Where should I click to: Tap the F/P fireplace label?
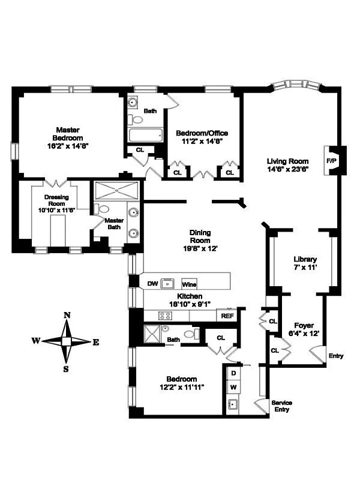(331, 161)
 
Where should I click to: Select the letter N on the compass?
(67, 316)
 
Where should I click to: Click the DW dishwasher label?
(152, 284)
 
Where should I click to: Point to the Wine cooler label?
(189, 284)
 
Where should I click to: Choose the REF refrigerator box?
(227, 316)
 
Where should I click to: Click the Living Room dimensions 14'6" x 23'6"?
(287, 169)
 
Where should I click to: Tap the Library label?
(304, 259)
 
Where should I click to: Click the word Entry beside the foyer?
(336, 356)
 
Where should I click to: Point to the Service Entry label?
(281, 406)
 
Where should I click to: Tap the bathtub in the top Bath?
(145, 135)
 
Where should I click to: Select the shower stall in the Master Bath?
(117, 191)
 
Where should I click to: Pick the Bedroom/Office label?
(201, 133)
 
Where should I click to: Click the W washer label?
(233, 387)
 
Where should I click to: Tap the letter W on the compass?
(36, 341)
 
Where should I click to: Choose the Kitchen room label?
(189, 296)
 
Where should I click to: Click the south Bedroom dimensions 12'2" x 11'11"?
(181, 387)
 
